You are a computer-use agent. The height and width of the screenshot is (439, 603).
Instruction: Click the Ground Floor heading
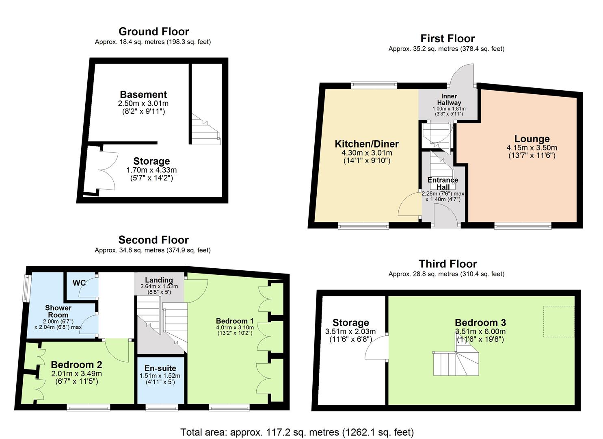coord(153,32)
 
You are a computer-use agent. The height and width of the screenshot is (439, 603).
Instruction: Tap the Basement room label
coord(143,95)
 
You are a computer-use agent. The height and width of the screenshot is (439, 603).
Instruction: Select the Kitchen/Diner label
coord(367,144)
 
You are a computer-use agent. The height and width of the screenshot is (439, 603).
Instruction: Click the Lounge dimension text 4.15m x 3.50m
coord(532,148)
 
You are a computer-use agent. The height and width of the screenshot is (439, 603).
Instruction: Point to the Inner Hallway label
coord(449,100)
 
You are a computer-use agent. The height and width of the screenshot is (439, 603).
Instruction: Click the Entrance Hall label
coord(443,183)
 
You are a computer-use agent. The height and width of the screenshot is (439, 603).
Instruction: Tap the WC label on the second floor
coord(79,283)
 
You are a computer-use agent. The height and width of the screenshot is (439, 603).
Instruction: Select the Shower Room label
coord(58,311)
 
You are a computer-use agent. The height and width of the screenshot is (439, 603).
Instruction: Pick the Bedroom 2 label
coord(76,365)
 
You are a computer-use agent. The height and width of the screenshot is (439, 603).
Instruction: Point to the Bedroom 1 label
coord(235,321)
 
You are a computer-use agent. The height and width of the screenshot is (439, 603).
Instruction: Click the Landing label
coord(159,280)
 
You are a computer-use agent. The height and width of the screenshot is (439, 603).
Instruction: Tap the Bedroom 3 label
coord(480,323)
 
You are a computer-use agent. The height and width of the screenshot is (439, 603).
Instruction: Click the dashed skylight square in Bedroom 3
coord(559,321)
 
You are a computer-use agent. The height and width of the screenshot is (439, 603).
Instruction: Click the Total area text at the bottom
coord(297,432)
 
